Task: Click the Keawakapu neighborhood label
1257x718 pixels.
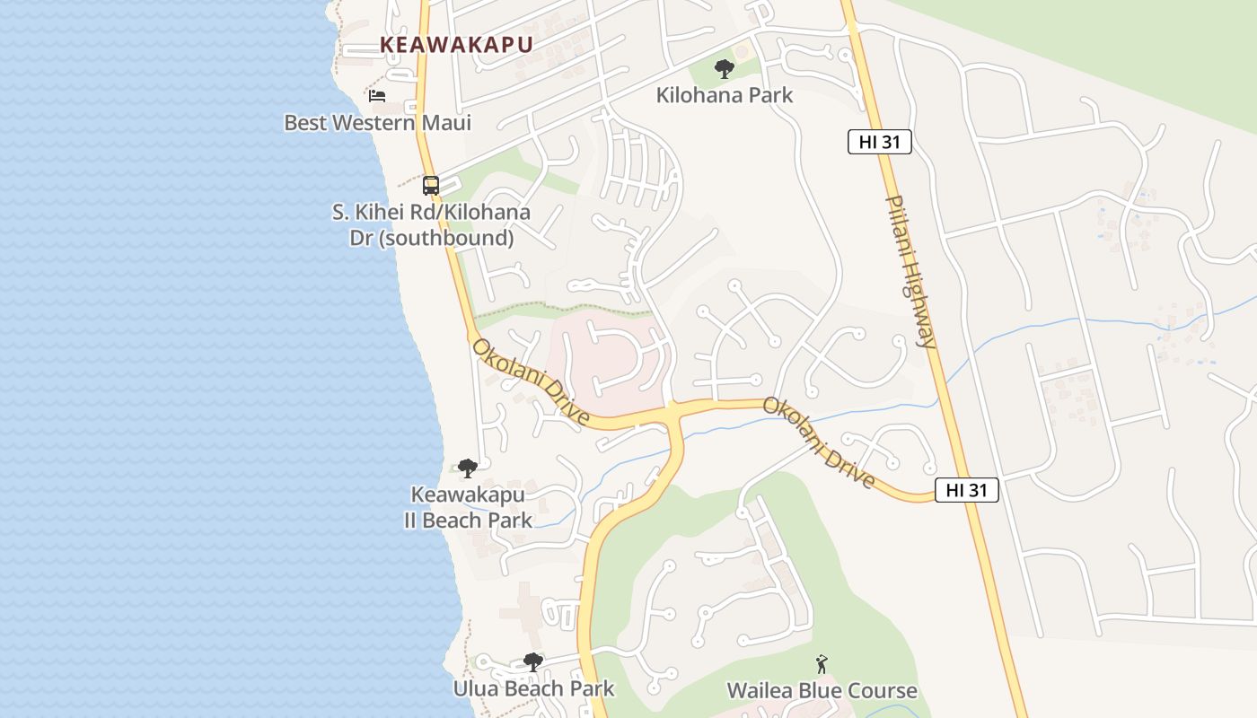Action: pyautogui.click(x=456, y=44)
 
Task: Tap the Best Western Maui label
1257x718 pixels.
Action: pyautogui.click(x=377, y=122)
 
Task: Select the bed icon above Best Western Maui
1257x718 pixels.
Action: pyautogui.click(x=377, y=95)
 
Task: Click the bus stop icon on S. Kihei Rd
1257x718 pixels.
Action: pyautogui.click(x=431, y=186)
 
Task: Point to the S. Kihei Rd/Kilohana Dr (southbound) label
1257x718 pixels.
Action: pyautogui.click(x=431, y=225)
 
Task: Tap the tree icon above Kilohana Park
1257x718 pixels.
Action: pyautogui.click(x=724, y=68)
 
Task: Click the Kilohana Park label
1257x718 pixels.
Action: pyautogui.click(x=724, y=95)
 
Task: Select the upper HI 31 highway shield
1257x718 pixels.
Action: pyautogui.click(x=879, y=142)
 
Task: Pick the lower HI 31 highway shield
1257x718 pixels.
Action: pyautogui.click(x=966, y=490)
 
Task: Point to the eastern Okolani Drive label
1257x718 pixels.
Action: pyautogui.click(x=819, y=442)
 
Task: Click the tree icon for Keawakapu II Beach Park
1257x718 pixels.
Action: pyautogui.click(x=467, y=468)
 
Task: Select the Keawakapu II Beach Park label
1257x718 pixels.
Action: pyautogui.click(x=468, y=507)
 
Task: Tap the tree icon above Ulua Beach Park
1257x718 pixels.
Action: pyautogui.click(x=533, y=662)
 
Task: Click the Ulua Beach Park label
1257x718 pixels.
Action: pyautogui.click(x=533, y=688)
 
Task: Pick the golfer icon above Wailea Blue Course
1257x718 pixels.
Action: pyautogui.click(x=822, y=664)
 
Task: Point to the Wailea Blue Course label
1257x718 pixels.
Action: pyautogui.click(x=822, y=690)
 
